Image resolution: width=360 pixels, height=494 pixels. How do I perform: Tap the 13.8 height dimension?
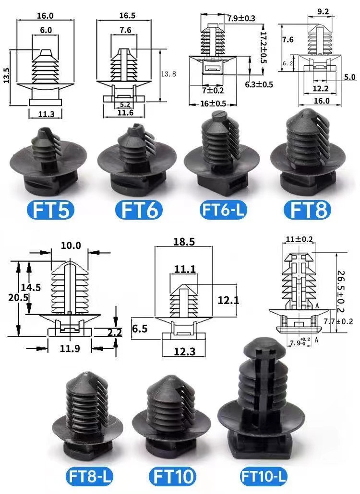pos(164,74)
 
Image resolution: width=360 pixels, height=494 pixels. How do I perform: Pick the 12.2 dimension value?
pos(321,88)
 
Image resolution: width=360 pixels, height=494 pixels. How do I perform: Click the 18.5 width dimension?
pos(184,242)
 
